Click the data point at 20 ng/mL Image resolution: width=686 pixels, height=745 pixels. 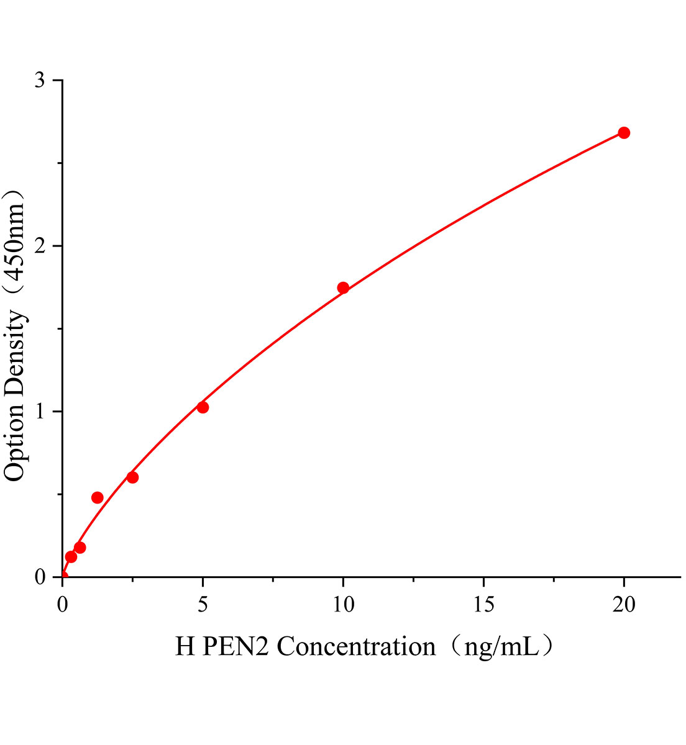coord(624,133)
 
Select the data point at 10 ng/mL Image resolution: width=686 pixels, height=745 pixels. coord(343,287)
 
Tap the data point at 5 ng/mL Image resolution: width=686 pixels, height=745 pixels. coord(203,407)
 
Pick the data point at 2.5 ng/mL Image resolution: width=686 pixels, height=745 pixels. coord(132,477)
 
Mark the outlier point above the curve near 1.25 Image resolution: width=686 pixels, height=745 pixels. coord(98,497)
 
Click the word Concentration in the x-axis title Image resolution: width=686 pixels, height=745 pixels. coord(356,647)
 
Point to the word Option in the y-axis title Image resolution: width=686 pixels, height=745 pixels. coord(15,439)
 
